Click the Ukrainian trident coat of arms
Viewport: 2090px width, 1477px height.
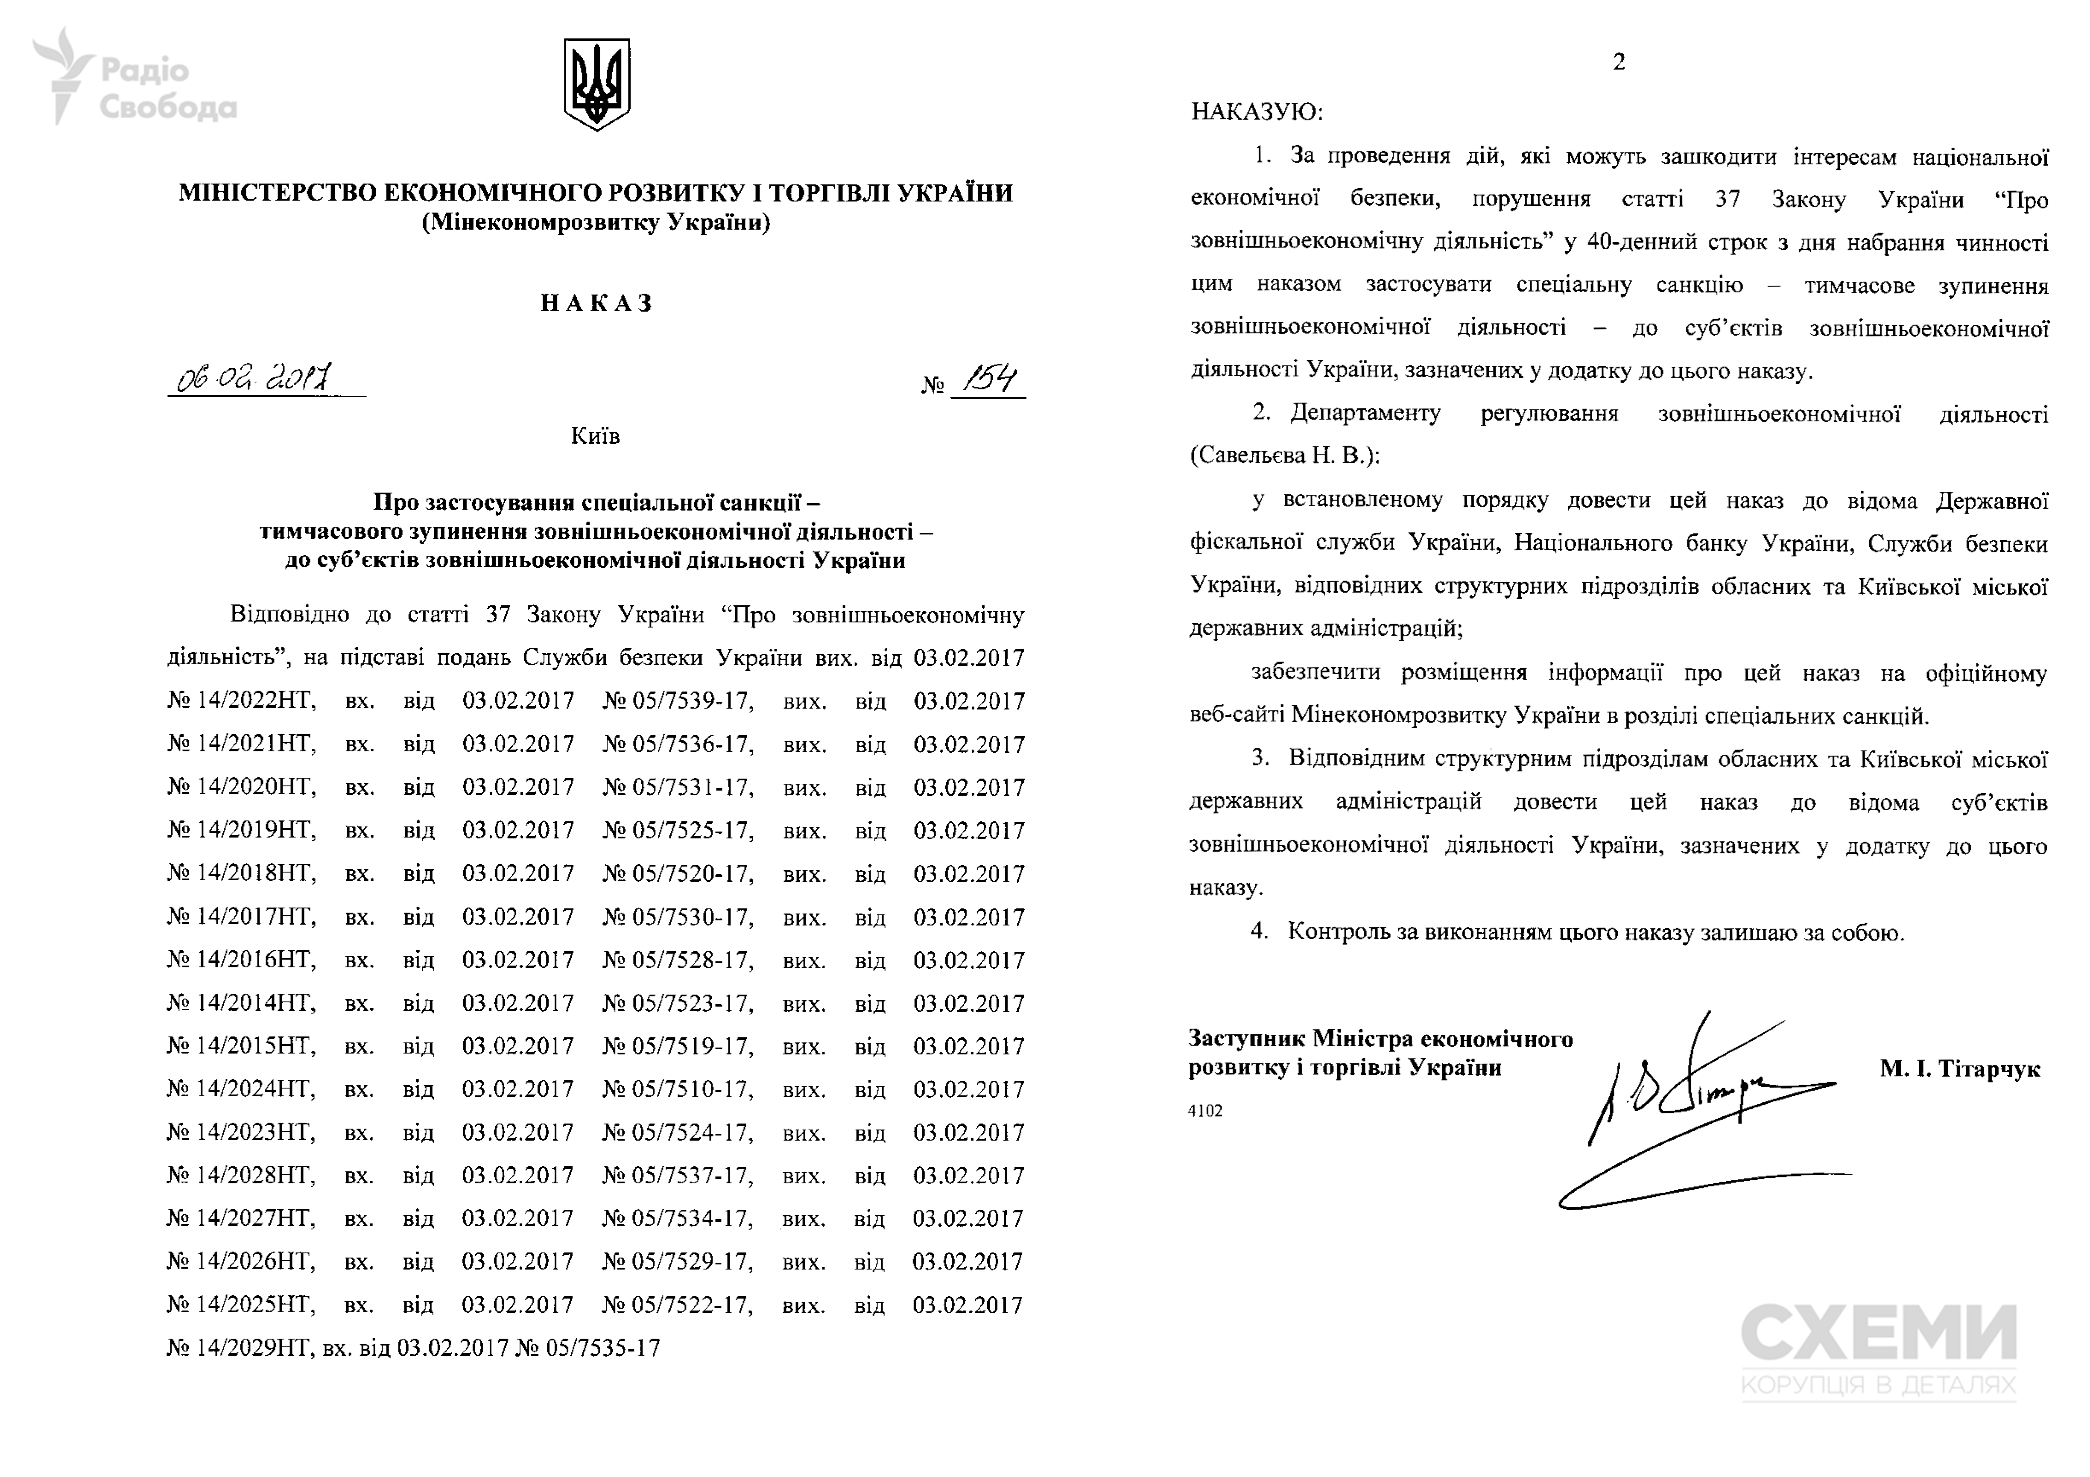coord(596,84)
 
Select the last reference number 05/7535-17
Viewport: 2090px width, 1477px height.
coord(602,1348)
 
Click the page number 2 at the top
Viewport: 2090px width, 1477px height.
coord(1619,62)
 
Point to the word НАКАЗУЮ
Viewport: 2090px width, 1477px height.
coord(1256,113)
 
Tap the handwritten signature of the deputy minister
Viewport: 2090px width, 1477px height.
coord(1702,1101)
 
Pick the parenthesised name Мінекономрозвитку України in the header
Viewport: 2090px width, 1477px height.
coord(596,222)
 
